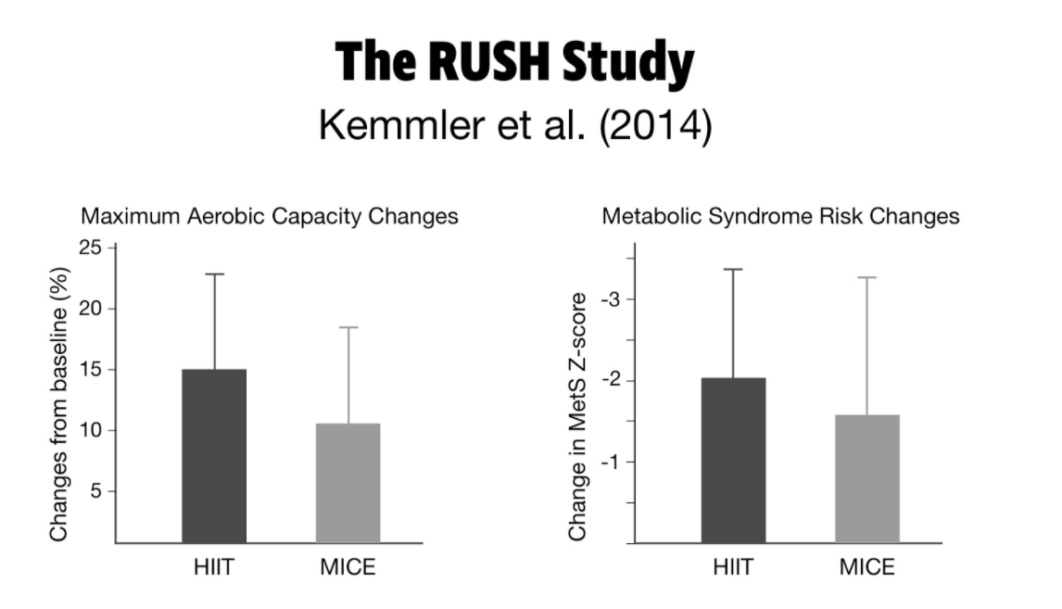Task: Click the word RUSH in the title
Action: click(486, 62)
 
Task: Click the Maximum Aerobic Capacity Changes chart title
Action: click(270, 217)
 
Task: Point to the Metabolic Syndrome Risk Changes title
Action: click(780, 217)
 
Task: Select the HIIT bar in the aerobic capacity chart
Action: click(214, 455)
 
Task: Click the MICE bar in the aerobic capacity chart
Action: click(348, 482)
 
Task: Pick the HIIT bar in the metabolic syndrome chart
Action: click(733, 460)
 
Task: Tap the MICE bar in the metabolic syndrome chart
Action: click(867, 478)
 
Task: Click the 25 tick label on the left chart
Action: click(91, 247)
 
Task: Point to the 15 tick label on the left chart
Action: click(91, 369)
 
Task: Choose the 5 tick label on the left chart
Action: click(95, 491)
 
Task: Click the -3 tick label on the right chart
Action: click(611, 298)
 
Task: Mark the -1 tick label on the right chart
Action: click(611, 462)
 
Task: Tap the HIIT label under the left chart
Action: click(214, 567)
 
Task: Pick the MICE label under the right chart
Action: click(867, 567)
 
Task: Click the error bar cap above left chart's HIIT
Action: click(214, 274)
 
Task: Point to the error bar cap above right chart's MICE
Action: click(867, 277)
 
